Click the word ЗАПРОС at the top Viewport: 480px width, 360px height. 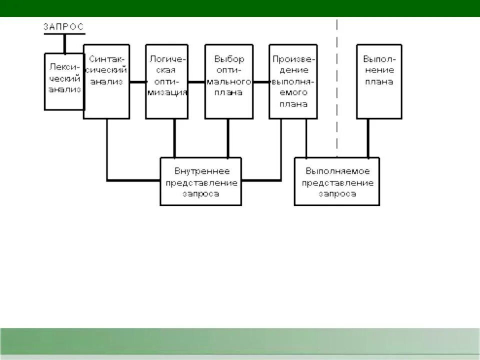(x=63, y=27)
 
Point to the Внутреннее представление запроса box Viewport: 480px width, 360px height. (x=200, y=181)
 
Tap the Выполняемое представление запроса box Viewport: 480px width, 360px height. (x=336, y=181)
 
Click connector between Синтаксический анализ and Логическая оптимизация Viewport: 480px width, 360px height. (x=137, y=81)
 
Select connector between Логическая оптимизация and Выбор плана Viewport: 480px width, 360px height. (x=196, y=81)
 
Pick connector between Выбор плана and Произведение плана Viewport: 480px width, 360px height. (x=260, y=81)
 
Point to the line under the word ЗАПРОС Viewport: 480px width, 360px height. (x=64, y=34)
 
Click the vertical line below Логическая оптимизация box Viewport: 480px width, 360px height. (x=174, y=137)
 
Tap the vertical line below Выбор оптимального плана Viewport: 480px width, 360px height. (x=228, y=137)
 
